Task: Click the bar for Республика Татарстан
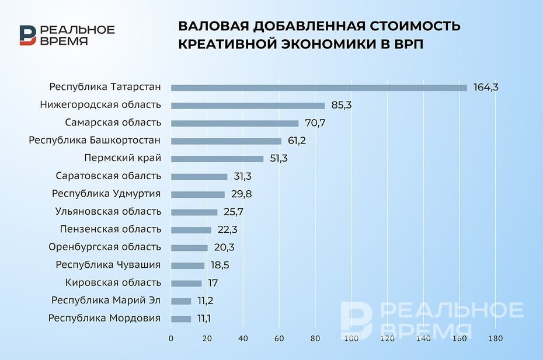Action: coord(319,88)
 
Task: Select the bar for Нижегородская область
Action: coord(248,106)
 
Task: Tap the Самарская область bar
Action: coord(235,123)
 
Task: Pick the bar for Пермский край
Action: coord(217,159)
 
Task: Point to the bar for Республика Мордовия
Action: coord(181,319)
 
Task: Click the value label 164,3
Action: coord(486,88)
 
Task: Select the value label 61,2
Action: coord(297,141)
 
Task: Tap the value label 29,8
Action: coord(241,194)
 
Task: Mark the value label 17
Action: coord(213,283)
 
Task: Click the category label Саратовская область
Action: coord(109,176)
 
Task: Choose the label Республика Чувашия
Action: coord(108,265)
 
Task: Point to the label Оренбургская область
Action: coord(105,247)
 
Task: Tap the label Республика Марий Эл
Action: coord(106,300)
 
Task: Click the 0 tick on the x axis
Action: coord(171,338)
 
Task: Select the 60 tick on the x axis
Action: coord(279,338)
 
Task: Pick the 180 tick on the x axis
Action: coord(496,338)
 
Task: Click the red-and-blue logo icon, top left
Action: coord(27,35)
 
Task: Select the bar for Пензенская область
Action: coord(191,230)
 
